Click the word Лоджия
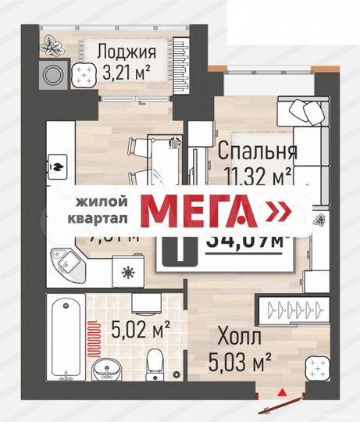(x=127, y=53)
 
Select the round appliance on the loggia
(x=54, y=77)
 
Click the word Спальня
(x=257, y=149)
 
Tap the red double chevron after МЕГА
(x=278, y=211)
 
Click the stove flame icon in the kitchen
(x=58, y=166)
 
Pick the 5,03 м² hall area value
(x=239, y=361)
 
